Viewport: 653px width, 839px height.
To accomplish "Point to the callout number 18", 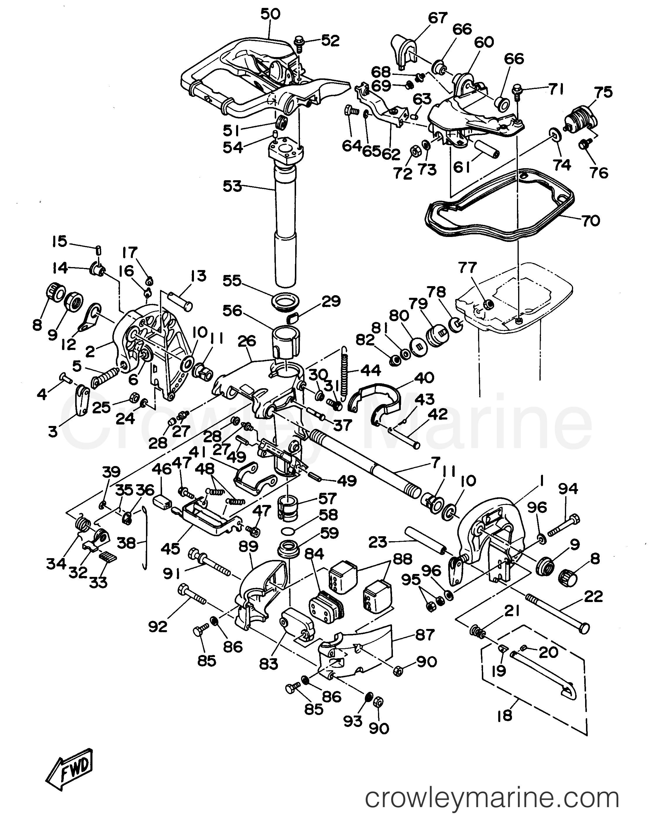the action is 505,716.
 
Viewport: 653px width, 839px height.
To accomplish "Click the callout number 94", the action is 568,489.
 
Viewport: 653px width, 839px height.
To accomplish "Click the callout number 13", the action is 197,276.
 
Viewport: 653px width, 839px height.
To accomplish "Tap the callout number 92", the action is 158,627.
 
